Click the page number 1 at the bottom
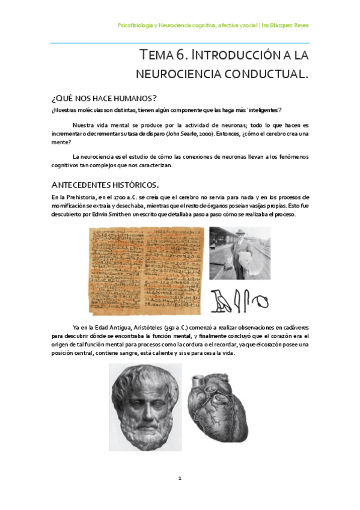tap(180, 478)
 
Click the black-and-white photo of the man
tap(239, 253)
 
